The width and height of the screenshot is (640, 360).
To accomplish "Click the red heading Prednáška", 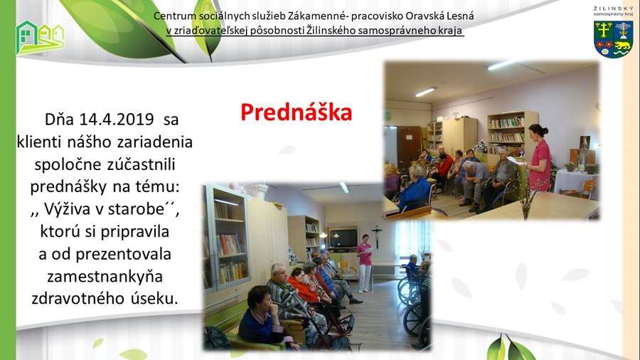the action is coord(297,112).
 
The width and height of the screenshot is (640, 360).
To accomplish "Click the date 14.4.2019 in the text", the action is coord(117,120).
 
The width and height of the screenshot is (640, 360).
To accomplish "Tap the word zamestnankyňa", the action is coord(105,277).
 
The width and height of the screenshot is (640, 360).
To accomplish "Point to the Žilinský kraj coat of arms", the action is coord(614,40).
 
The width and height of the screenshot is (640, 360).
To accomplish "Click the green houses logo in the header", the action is coord(40,38).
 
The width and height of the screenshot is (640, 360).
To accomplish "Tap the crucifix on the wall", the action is coord(377,235).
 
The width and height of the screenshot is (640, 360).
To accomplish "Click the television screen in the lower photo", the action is coord(343,238).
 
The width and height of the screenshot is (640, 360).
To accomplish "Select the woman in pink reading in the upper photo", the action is coord(538,157).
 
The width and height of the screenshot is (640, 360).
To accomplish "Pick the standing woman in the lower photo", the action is coord(365,263).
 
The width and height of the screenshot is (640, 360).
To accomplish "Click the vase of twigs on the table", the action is coord(526,195).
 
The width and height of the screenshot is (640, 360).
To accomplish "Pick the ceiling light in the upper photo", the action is coord(426,92).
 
